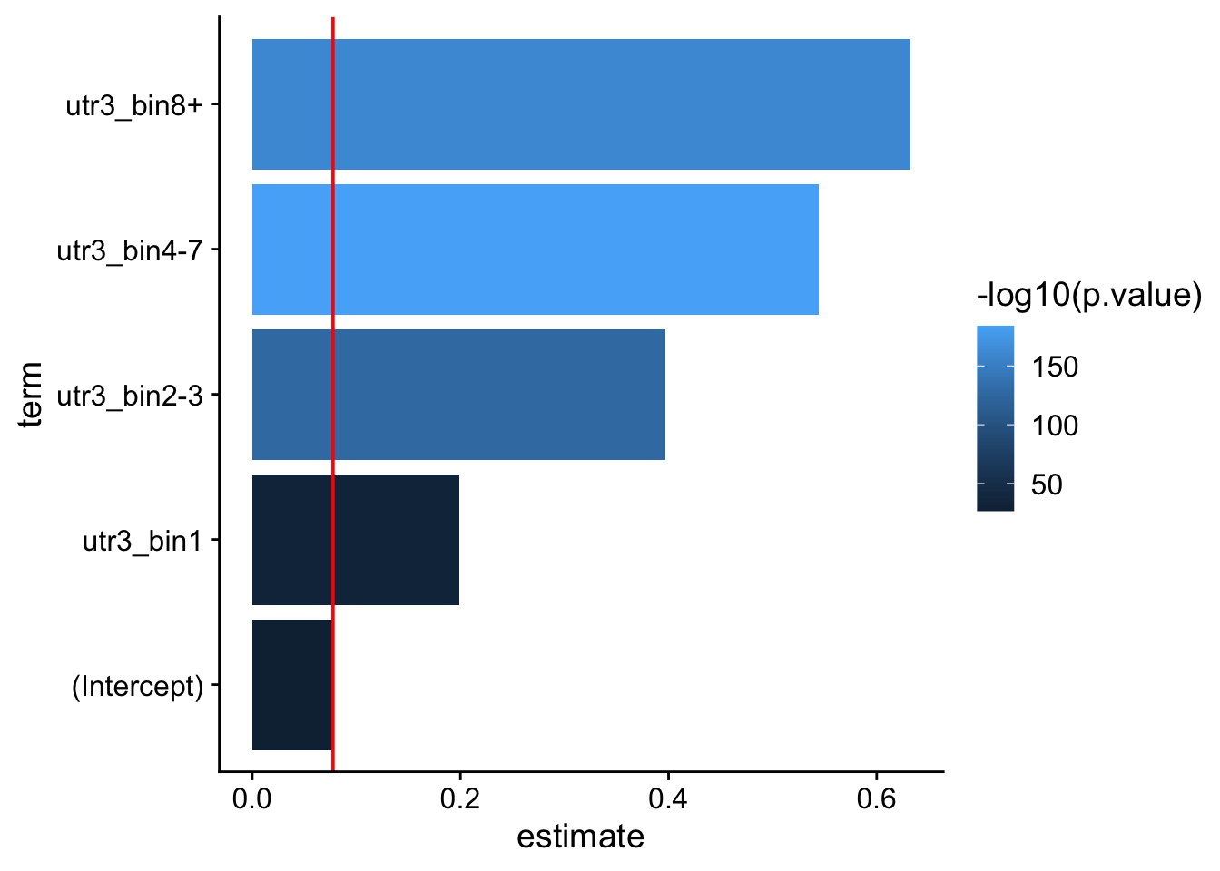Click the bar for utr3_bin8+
point(581,104)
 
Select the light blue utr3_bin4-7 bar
point(535,250)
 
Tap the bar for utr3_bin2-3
point(458,395)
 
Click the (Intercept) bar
point(291,685)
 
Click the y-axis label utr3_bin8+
point(134,105)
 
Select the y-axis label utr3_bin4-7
point(130,250)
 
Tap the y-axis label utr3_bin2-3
point(130,396)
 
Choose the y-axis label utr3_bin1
point(143,541)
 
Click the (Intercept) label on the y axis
point(138,686)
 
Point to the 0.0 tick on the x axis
point(251,799)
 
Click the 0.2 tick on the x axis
point(459,799)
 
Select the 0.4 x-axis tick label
point(667,799)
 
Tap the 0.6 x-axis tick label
point(875,799)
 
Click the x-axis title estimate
point(580,836)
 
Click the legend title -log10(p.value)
point(1088,296)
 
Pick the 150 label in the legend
point(1054,367)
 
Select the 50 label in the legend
point(1046,484)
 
